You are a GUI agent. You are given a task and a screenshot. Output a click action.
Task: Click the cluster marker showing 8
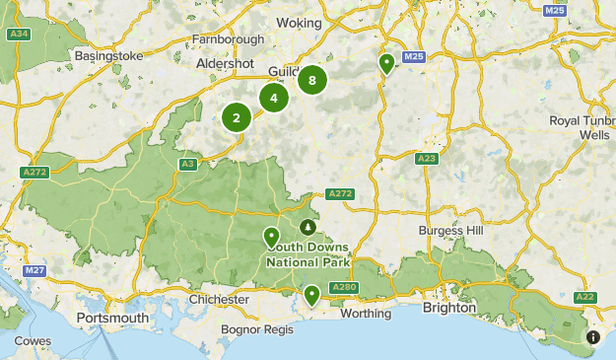tap(312, 81)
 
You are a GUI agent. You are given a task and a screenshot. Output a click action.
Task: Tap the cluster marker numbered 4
tap(274, 98)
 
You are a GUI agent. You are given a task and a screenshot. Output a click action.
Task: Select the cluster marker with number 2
tap(237, 118)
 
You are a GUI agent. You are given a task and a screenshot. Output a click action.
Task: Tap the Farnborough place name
tap(229, 39)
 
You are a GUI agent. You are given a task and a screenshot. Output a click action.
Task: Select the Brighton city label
tap(449, 308)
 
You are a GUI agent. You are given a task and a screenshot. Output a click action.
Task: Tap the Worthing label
tap(366, 313)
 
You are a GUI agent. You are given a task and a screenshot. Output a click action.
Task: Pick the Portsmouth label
tap(113, 319)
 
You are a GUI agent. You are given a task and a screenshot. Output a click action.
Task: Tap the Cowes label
tap(34, 341)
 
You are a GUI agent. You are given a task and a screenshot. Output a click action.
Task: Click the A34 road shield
tap(17, 35)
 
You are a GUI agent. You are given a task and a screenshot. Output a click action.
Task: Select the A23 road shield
tap(427, 158)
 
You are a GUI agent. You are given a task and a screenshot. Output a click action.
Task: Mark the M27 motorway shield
tap(35, 270)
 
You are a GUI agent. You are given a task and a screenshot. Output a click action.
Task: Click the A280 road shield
tap(344, 287)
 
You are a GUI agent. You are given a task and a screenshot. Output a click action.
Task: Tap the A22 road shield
tap(585, 296)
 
